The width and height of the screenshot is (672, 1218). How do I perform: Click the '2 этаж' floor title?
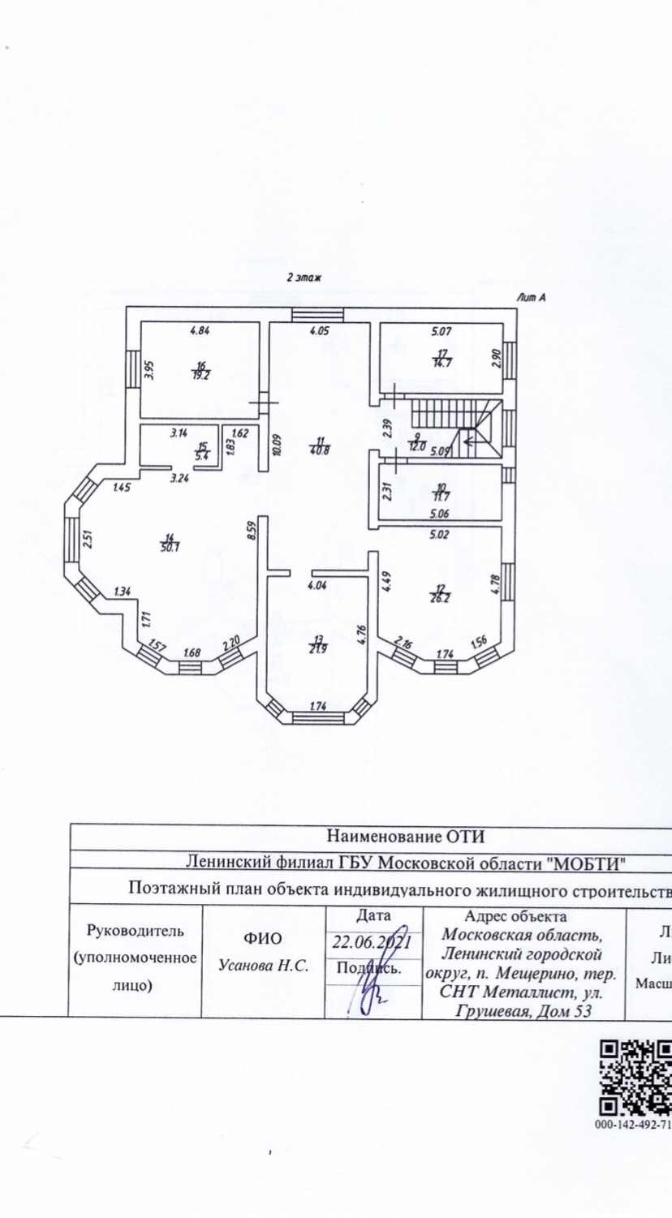pyautogui.click(x=304, y=278)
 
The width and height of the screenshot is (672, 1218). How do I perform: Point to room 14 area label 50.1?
pyautogui.click(x=170, y=543)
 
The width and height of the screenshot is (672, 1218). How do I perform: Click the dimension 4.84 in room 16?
pyautogui.click(x=200, y=330)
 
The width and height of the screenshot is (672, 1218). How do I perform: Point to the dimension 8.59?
pyautogui.click(x=252, y=531)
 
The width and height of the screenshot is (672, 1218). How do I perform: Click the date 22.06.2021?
pyautogui.click(x=374, y=942)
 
